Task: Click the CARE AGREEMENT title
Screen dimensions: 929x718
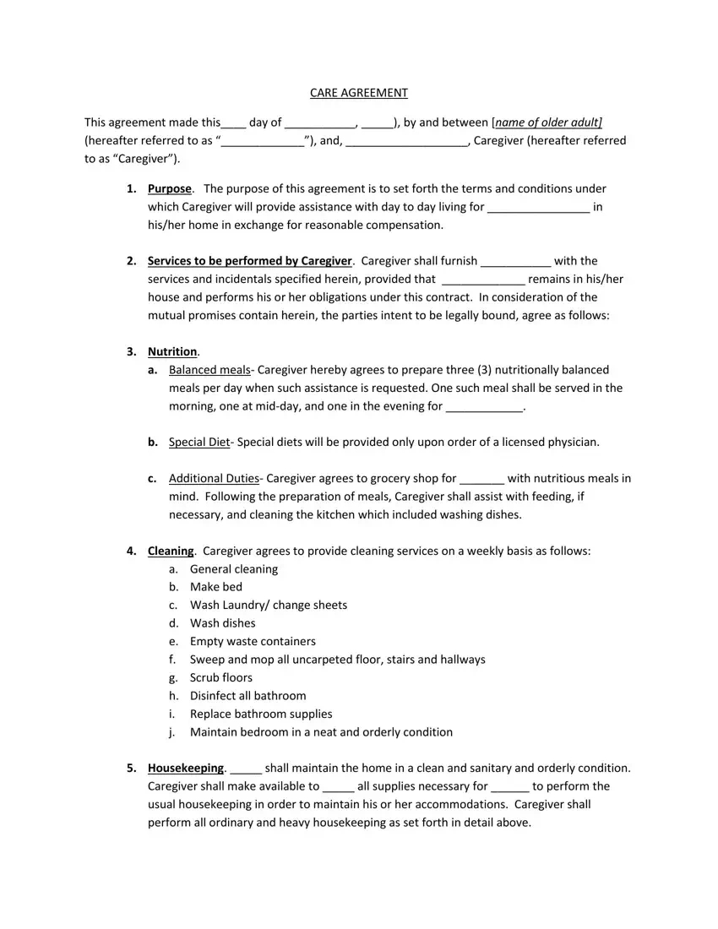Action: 358,93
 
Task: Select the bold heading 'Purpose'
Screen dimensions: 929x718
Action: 170,189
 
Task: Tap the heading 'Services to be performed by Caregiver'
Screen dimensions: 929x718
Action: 249,261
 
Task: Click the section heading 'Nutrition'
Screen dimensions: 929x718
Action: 172,351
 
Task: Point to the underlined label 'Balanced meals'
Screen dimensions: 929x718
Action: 209,370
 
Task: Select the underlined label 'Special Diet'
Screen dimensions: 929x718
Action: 199,443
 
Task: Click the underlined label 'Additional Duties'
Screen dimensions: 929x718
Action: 214,479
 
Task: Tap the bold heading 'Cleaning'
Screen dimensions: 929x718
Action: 171,551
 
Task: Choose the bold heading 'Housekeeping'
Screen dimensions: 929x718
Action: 186,769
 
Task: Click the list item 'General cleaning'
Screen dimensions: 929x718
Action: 234,569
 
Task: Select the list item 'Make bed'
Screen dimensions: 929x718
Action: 216,587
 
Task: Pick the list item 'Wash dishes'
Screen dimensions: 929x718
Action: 223,623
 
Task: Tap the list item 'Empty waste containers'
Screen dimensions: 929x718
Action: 253,642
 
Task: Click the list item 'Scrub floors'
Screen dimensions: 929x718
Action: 221,678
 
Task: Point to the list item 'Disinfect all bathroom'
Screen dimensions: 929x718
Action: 248,696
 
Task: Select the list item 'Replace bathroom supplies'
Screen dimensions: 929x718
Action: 261,714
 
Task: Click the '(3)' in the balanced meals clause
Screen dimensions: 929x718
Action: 484,370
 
